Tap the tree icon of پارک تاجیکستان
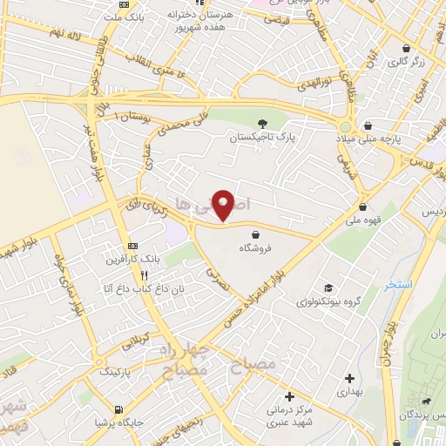[264, 123]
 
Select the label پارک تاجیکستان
[263, 138]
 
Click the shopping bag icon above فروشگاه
[255, 233]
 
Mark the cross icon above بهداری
[349, 378]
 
